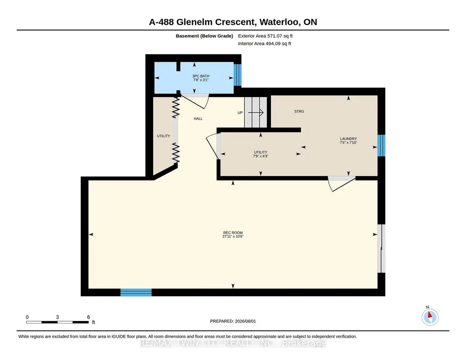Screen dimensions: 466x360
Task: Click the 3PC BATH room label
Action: [x=200, y=76]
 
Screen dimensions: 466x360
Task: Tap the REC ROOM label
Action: [x=233, y=233]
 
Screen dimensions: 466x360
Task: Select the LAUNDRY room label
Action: [x=348, y=139]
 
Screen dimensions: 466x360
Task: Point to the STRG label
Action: [x=299, y=111]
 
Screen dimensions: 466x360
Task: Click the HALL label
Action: [x=198, y=119]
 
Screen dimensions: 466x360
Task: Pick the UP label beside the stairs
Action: [x=240, y=113]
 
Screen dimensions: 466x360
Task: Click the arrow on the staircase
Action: [x=256, y=113]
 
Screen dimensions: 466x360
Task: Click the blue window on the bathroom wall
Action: [x=237, y=75]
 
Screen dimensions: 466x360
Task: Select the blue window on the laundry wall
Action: [x=381, y=145]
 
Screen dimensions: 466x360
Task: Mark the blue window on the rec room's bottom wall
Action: [x=136, y=292]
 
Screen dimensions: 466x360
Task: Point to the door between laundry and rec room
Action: [x=342, y=184]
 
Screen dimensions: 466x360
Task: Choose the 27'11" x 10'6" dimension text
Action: [x=233, y=236]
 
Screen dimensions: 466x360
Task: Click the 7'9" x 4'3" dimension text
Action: [x=261, y=156]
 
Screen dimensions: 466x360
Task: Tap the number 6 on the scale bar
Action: [x=88, y=317]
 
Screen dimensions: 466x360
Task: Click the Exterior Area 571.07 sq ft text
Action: [x=265, y=36]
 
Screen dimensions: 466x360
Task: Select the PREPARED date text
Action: [x=233, y=321]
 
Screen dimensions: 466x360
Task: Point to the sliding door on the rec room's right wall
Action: [x=381, y=248]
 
